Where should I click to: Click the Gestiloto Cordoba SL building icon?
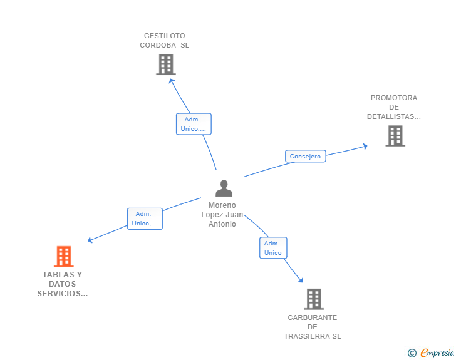[165, 64]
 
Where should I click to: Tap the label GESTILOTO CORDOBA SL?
[164, 41]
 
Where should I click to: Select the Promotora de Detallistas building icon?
[395, 136]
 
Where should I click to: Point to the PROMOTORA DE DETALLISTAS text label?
[393, 107]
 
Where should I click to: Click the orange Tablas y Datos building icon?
[63, 256]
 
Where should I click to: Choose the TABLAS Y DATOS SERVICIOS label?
[63, 284]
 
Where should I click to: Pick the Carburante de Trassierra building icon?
[313, 299]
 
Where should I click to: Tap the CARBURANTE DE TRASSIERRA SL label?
[313, 327]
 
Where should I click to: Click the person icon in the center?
[224, 188]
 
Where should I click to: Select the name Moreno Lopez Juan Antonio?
[222, 215]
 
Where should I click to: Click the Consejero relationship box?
[305, 157]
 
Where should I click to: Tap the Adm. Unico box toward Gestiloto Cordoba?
[194, 124]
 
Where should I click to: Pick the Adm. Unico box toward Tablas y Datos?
[145, 219]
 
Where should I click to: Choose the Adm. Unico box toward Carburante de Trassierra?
[273, 248]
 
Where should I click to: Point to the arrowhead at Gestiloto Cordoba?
[172, 80]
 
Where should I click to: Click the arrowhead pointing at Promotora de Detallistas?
[365, 147]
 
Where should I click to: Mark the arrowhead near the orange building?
[90, 240]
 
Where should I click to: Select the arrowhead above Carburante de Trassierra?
[300, 280]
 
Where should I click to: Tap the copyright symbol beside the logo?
[412, 354]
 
